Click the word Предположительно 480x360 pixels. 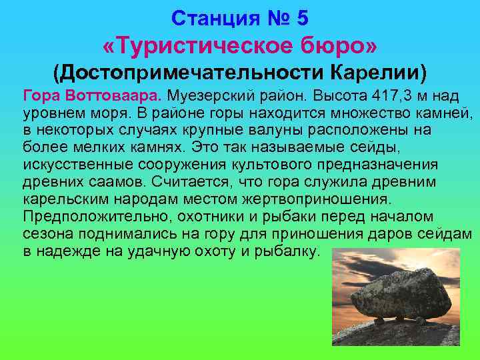tap(87, 217)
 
